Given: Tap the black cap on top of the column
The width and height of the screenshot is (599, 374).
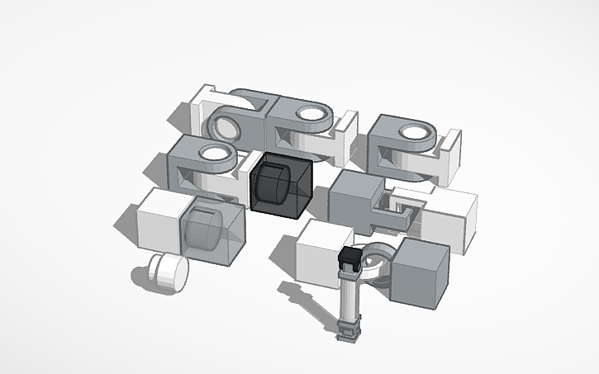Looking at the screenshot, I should coord(350,258).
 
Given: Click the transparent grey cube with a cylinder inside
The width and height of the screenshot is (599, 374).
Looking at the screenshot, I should coord(216,235).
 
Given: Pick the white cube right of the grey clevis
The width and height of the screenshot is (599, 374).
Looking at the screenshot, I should coord(450,216).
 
